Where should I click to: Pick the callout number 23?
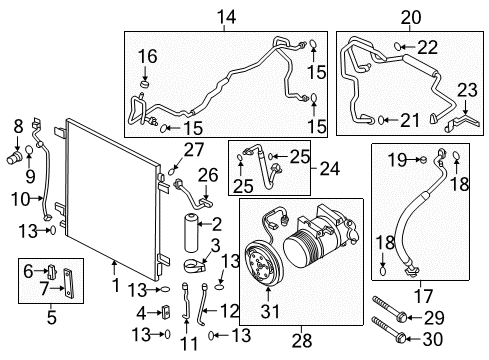(x=468, y=90)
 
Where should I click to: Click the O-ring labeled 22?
(x=398, y=46)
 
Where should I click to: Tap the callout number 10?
(x=19, y=200)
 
